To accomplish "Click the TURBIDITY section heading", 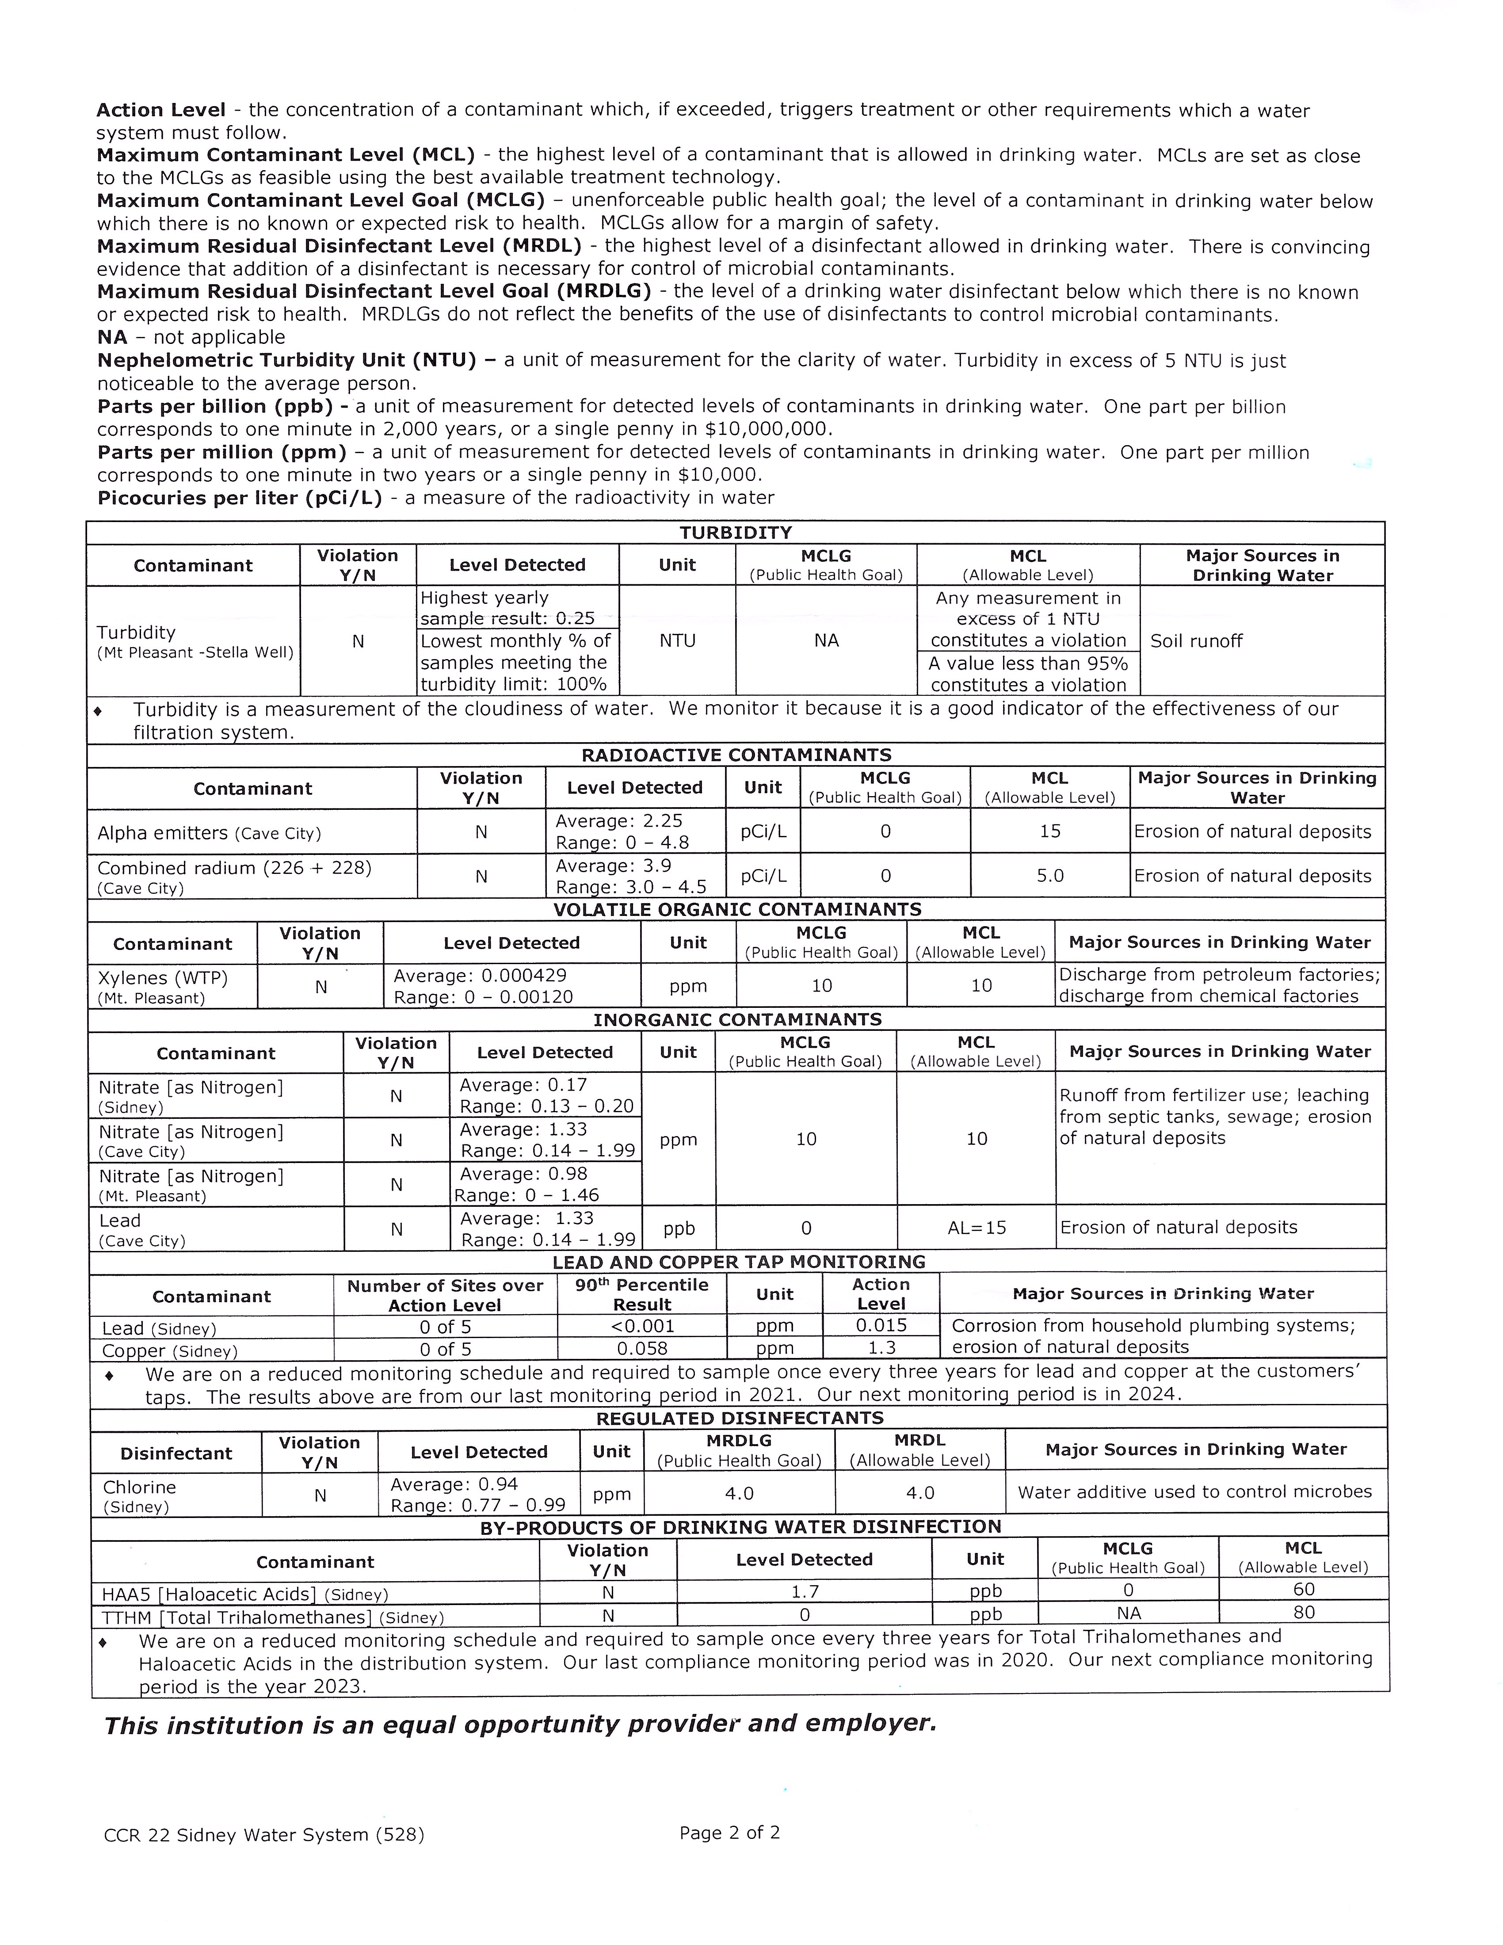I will (736, 533).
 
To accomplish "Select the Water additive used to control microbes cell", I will (1194, 1492).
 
